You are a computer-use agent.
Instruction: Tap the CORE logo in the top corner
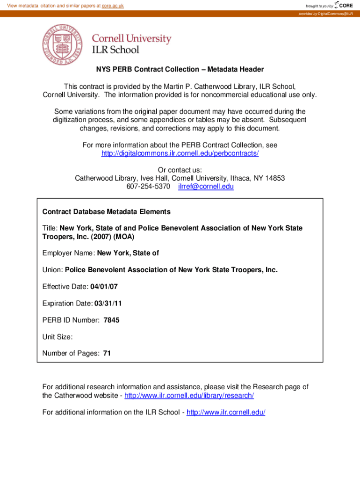(344, 5)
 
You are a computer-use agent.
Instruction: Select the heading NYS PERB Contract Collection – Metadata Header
(180, 70)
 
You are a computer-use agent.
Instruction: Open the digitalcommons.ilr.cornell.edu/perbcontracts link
(180, 154)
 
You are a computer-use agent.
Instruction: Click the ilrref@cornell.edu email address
(206, 187)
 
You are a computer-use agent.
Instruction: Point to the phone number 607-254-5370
(148, 187)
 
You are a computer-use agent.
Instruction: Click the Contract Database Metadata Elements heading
(107, 212)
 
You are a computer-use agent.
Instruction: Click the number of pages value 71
(107, 354)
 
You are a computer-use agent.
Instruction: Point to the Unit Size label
(58, 337)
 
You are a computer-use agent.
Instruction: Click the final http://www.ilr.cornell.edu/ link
(226, 413)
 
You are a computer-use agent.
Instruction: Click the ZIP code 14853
(274, 178)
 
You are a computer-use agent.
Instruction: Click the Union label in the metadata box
(52, 270)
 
